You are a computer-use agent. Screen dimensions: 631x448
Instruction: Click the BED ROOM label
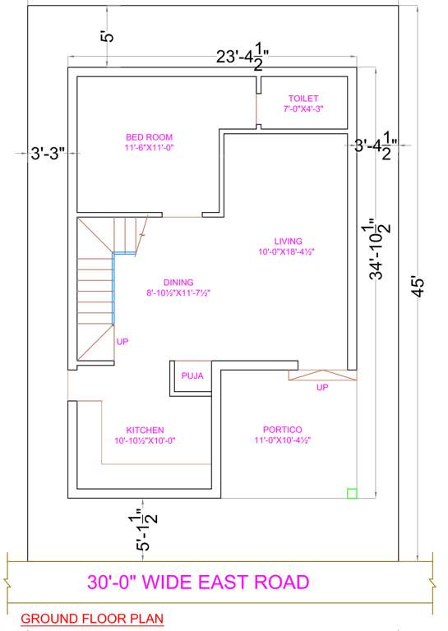(x=149, y=136)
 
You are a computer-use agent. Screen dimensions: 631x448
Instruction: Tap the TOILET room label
(x=303, y=98)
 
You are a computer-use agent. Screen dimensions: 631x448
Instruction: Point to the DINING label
(x=178, y=282)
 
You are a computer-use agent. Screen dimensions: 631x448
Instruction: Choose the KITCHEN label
(x=145, y=430)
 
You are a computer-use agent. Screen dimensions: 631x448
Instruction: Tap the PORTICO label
(x=282, y=430)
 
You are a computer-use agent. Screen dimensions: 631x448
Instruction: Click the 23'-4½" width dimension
(x=243, y=57)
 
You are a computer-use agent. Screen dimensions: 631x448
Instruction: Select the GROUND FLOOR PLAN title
(x=91, y=618)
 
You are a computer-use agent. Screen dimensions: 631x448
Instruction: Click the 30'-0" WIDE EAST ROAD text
(x=198, y=583)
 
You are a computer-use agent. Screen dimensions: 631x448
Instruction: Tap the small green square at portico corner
(x=352, y=493)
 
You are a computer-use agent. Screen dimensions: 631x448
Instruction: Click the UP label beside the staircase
(x=122, y=341)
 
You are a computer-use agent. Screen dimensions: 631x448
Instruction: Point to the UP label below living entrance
(x=322, y=387)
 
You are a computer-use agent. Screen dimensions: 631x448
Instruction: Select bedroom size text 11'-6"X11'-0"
(x=149, y=147)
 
